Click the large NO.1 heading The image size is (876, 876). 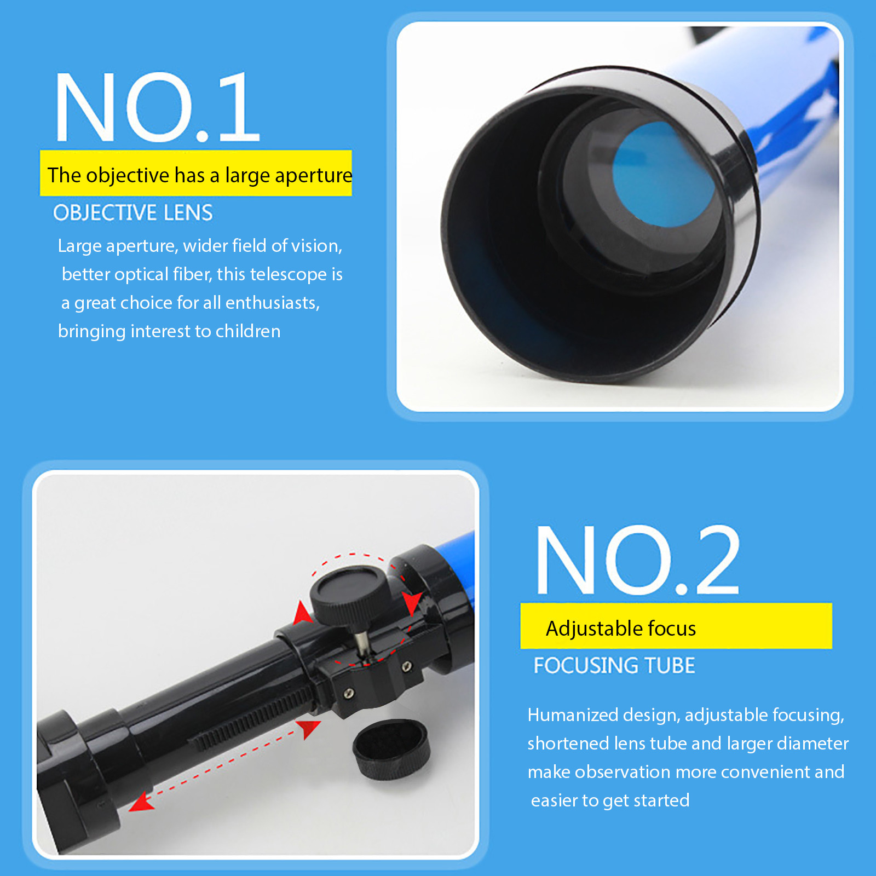point(157,107)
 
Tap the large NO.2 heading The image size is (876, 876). point(638,560)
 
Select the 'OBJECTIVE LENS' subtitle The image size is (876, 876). point(133,212)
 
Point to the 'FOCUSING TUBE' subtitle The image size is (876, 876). point(614,665)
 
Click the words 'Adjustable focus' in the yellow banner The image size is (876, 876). point(621,629)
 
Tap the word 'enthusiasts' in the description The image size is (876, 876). point(272,303)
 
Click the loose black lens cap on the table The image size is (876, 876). point(391,748)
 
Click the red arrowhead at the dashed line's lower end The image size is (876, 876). point(141,802)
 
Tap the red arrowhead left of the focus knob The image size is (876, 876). point(302,613)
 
